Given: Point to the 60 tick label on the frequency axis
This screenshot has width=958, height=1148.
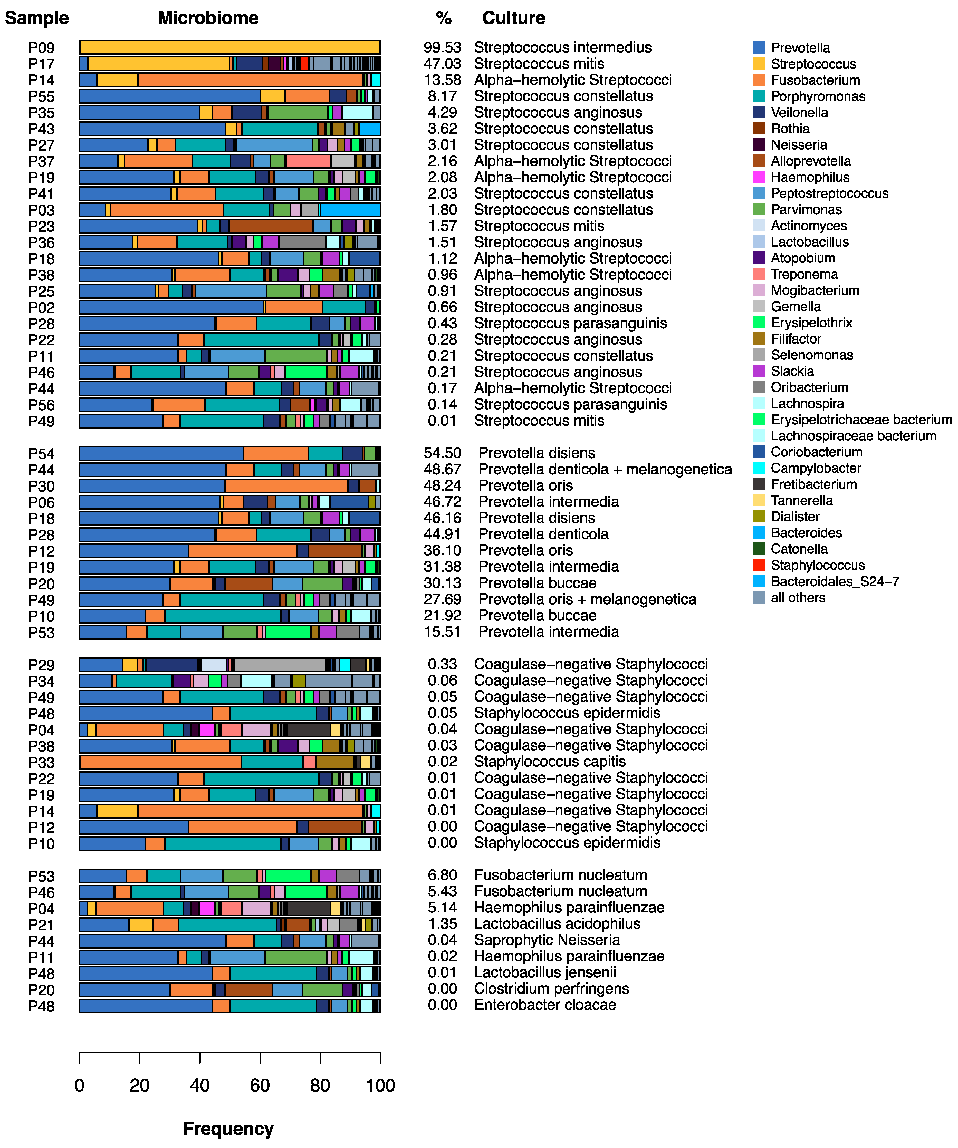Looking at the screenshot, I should [x=260, y=1085].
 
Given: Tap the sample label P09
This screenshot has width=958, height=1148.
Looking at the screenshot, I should [x=42, y=48].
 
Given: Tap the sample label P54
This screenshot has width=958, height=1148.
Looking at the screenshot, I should [x=42, y=454].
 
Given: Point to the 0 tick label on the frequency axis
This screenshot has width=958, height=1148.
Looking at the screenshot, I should [x=80, y=1085].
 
